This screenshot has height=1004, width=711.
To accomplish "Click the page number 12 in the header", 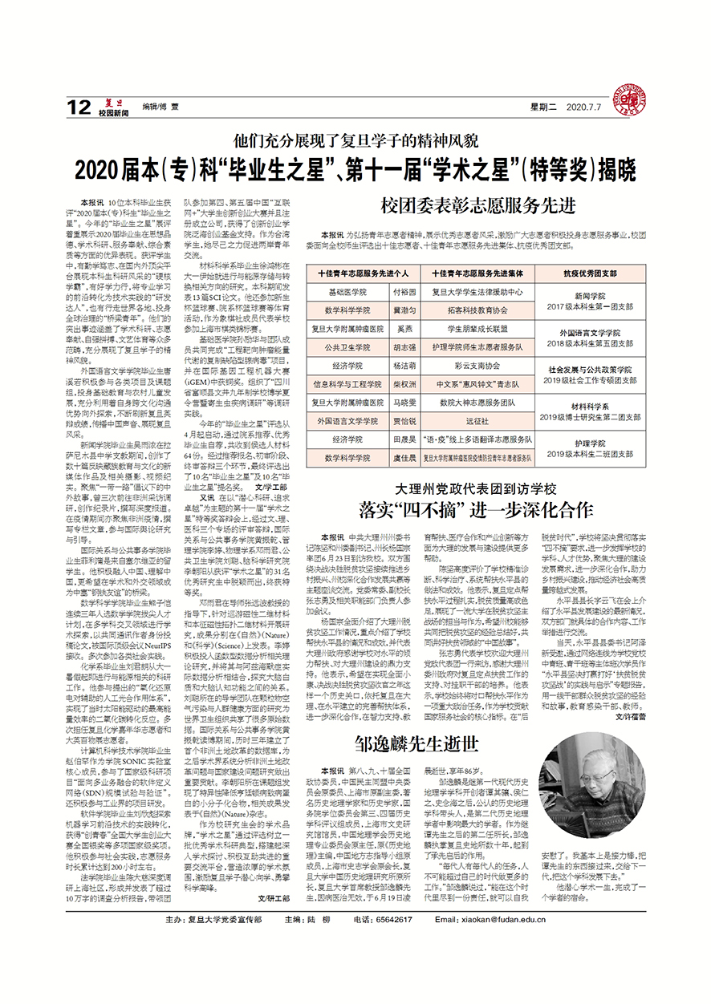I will tap(79, 106).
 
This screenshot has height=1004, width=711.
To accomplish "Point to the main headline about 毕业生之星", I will tap(355, 170).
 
